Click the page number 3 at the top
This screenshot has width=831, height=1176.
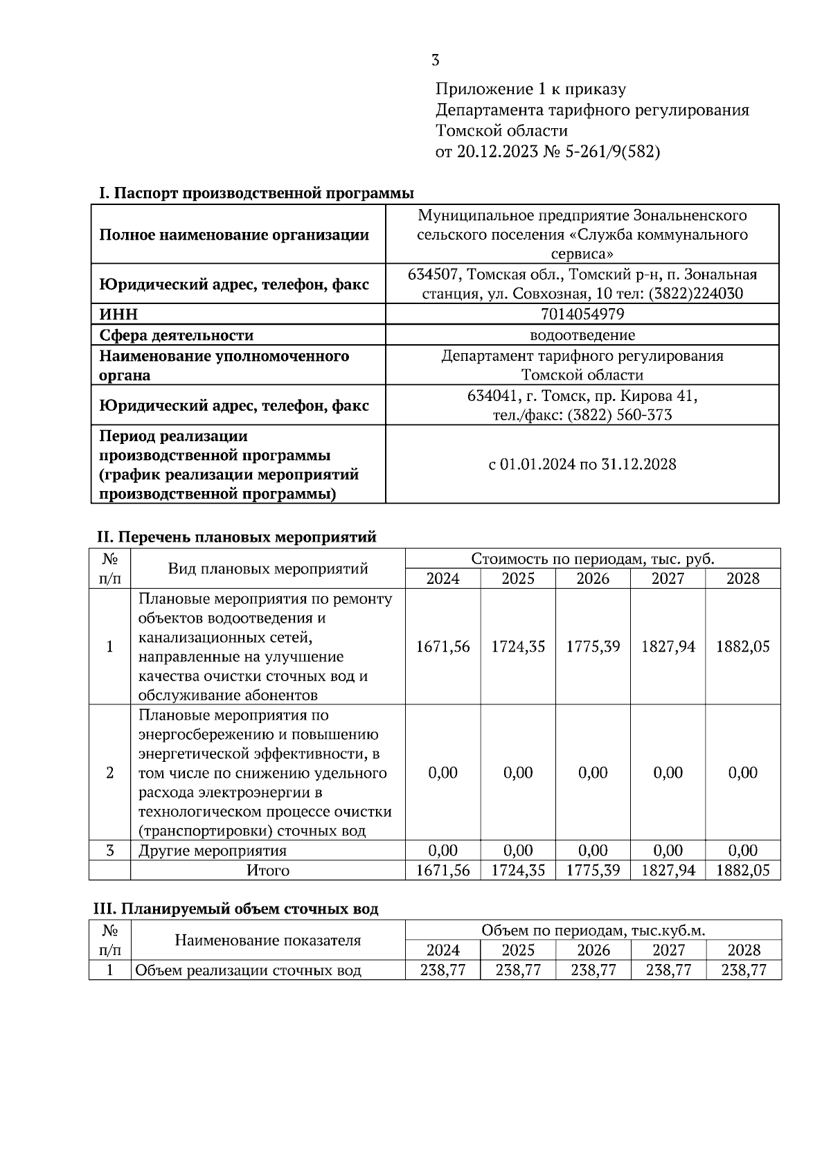click(435, 60)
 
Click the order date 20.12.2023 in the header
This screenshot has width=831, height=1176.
click(497, 152)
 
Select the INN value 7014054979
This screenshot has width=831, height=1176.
click(582, 314)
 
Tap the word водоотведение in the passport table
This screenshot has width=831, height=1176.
click(582, 335)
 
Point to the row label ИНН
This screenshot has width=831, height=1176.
click(118, 314)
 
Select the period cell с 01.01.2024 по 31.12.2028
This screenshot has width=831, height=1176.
click(582, 464)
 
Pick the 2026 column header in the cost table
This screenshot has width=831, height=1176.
click(593, 578)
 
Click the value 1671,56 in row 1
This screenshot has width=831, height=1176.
click(443, 647)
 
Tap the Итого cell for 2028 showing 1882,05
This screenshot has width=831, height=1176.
click(742, 871)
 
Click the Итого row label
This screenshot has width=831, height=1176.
click(267, 871)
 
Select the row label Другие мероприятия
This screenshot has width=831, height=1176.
click(212, 850)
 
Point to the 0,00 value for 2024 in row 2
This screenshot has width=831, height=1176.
click(443, 773)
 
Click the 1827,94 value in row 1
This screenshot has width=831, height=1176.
click(668, 647)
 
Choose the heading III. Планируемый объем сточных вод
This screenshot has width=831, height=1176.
click(236, 909)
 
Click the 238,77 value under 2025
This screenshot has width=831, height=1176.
click(518, 970)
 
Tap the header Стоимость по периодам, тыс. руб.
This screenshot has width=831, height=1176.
click(592, 559)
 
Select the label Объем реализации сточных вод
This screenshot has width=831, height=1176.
click(248, 970)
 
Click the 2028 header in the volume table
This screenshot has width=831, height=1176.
click(744, 950)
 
